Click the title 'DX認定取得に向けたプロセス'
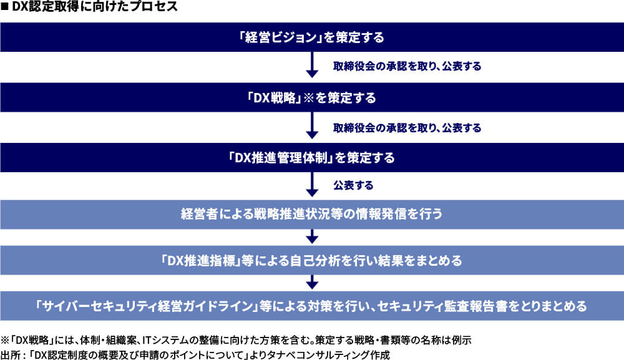(95, 6)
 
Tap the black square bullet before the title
(5, 7)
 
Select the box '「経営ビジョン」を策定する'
(312, 37)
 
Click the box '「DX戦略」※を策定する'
(312, 97)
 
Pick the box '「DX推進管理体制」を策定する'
(312, 157)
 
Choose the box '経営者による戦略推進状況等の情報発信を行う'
(312, 215)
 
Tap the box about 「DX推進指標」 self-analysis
(312, 260)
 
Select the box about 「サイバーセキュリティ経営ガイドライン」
(312, 306)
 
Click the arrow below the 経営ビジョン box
(312, 65)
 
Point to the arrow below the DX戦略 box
(312, 125)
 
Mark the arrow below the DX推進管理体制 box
(312, 184)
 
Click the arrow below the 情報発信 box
(312, 236)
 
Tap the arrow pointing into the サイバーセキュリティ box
(312, 282)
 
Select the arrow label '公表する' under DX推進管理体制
(353, 185)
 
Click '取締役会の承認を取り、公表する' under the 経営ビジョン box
(407, 66)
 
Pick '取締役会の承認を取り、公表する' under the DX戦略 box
(407, 128)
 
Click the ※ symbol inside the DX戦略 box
(309, 98)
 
